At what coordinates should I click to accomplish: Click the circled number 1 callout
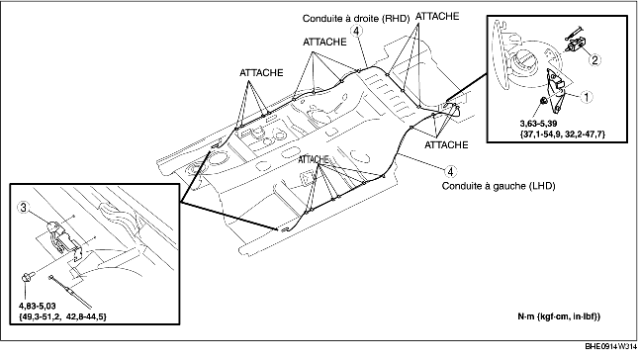click(587, 97)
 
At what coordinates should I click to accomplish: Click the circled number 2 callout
click(594, 60)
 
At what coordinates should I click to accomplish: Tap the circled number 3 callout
click(24, 208)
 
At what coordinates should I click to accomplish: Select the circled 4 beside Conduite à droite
click(357, 31)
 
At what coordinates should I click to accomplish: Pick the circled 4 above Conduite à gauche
click(450, 172)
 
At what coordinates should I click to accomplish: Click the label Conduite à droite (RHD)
click(356, 19)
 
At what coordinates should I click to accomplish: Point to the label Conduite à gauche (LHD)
click(499, 186)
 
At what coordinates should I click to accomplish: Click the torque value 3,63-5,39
click(538, 124)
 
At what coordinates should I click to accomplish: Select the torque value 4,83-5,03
click(37, 306)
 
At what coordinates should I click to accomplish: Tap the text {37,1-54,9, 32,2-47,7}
click(562, 134)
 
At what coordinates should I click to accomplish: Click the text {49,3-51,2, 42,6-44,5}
click(62, 316)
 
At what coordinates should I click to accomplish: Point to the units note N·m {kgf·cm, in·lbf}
click(559, 316)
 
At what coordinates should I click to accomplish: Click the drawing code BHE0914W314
click(610, 346)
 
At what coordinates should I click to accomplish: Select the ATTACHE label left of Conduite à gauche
click(314, 159)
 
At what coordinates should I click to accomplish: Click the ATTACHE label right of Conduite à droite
click(437, 16)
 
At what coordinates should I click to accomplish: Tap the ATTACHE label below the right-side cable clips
click(446, 144)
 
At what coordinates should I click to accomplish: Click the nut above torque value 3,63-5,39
click(543, 101)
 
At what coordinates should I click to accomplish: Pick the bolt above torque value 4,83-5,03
click(28, 278)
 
